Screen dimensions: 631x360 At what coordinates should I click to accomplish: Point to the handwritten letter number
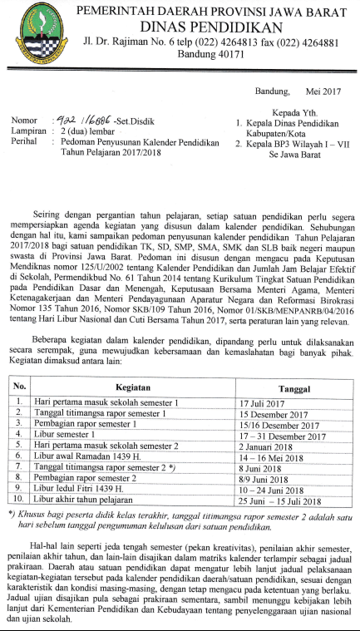click(x=73, y=119)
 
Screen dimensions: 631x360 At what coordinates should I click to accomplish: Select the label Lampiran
click(x=30, y=131)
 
